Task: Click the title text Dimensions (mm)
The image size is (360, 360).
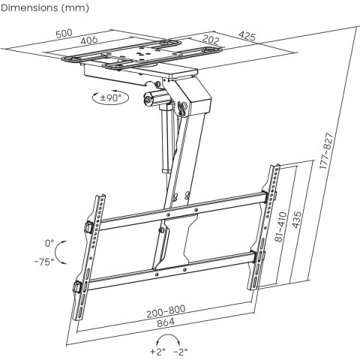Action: (x=45, y=9)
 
